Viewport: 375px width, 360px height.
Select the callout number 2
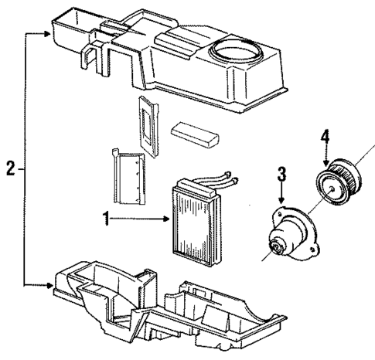(9, 167)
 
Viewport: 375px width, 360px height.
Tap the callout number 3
(281, 172)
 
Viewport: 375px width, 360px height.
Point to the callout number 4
(326, 138)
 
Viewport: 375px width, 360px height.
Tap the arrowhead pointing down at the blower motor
(282, 202)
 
